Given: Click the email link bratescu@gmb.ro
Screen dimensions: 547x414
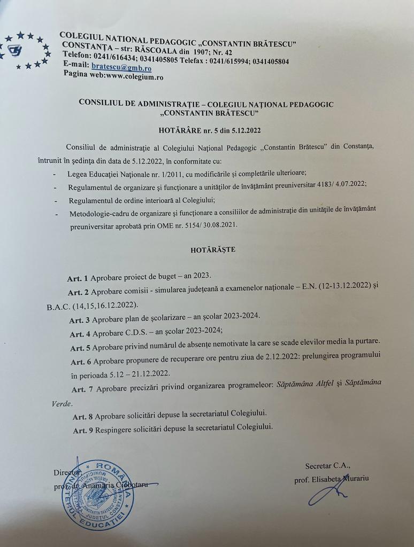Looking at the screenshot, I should [x=121, y=68].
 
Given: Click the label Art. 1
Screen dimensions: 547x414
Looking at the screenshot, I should [x=78, y=278].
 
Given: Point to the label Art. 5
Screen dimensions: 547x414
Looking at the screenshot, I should [x=80, y=348].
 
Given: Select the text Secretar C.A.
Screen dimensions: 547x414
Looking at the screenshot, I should [x=328, y=466].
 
